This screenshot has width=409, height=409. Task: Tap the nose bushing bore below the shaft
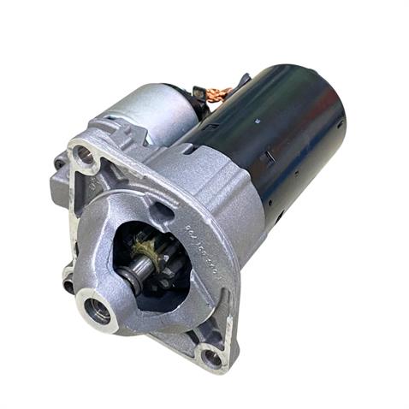(97, 311)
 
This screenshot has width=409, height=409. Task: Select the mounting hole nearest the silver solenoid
(84, 156)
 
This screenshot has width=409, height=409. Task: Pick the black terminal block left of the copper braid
(200, 96)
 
